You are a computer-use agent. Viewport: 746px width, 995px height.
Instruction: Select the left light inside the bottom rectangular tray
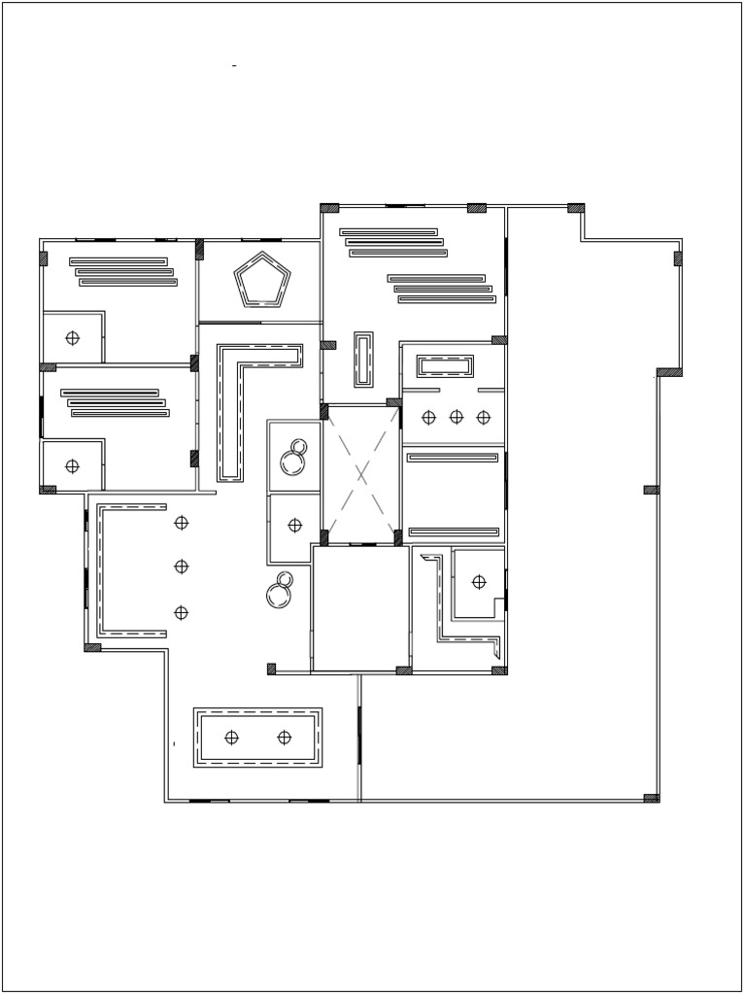point(231,738)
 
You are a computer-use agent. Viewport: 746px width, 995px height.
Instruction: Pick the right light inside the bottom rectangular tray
point(284,738)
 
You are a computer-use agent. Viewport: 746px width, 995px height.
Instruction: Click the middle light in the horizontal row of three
point(456,417)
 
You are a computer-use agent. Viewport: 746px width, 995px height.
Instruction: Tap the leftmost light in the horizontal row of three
point(428,417)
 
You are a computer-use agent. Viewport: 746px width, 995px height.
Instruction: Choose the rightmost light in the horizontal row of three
point(483,417)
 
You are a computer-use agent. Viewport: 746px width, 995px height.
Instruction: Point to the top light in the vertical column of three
point(181,524)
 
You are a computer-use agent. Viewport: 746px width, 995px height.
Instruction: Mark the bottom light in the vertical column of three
point(181,612)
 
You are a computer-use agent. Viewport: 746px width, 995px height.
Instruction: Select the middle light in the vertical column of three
point(181,566)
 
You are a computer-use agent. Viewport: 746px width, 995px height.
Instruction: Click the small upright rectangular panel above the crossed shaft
point(364,359)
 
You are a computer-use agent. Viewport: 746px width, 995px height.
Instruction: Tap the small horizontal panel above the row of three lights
point(446,366)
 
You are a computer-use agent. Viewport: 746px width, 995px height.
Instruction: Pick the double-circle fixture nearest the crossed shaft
point(294,458)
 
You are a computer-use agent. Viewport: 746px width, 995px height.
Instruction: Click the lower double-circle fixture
point(280,590)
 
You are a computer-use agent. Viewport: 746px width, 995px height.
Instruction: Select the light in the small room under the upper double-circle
point(295,525)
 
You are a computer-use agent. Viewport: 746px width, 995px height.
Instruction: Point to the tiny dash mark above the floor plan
point(234,66)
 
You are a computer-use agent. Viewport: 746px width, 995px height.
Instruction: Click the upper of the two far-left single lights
point(72,338)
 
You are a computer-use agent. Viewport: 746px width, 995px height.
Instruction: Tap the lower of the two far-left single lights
point(72,465)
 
